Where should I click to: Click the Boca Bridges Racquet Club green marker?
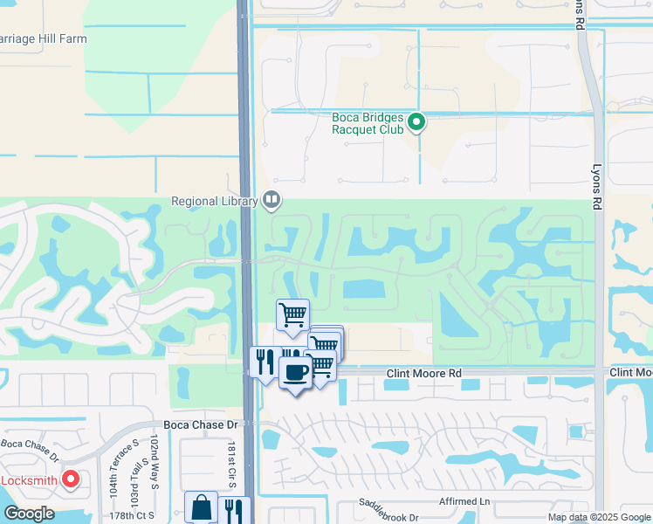[x=417, y=122]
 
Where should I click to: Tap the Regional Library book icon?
[x=272, y=201]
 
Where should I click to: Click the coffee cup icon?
[x=295, y=372]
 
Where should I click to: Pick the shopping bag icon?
[x=201, y=507]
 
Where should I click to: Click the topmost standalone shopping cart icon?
[x=293, y=314]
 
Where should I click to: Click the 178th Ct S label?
[x=134, y=515]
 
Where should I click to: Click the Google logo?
[x=29, y=514]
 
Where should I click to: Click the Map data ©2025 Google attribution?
[x=599, y=517]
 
